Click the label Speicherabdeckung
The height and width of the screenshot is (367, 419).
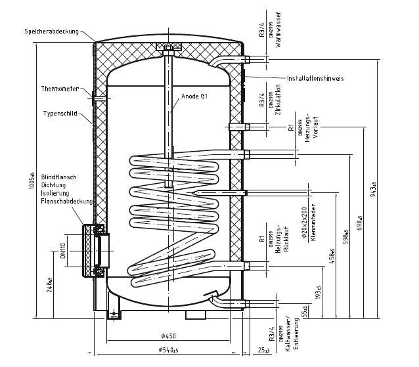click(x=51, y=32)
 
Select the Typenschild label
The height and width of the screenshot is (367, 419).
click(x=60, y=113)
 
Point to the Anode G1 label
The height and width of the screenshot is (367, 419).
click(x=194, y=97)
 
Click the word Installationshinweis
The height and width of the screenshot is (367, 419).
click(x=315, y=78)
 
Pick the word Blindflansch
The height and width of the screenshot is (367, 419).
click(x=60, y=177)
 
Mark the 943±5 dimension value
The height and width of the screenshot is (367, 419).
click(x=374, y=190)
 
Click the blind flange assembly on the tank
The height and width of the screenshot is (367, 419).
click(x=93, y=250)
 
